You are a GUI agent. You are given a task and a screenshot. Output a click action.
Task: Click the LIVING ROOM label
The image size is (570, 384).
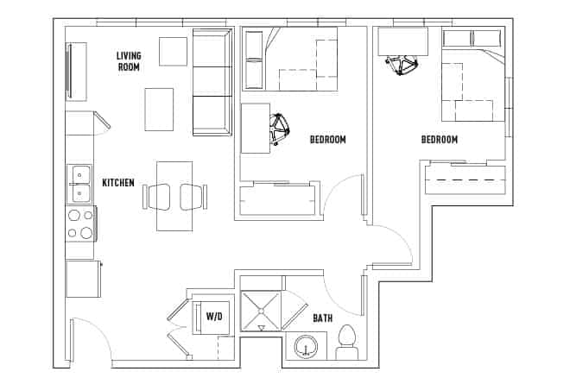[x=129, y=62]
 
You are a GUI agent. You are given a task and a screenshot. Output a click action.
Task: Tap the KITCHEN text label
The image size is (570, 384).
[x=117, y=182]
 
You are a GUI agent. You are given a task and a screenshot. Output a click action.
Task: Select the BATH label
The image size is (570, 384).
[x=322, y=318]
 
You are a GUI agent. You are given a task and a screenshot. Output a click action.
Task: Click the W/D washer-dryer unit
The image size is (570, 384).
[x=213, y=317]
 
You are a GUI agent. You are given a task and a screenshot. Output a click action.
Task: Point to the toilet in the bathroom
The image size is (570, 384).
[x=348, y=341]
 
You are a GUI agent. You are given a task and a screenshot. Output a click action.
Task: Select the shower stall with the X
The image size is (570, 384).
[x=262, y=311]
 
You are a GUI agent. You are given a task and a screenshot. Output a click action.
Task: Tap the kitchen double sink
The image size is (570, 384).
[x=80, y=183]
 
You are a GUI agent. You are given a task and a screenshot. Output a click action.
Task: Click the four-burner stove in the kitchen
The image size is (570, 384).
[x=80, y=223]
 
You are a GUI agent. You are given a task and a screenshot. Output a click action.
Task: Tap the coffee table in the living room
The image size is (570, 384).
[x=159, y=109]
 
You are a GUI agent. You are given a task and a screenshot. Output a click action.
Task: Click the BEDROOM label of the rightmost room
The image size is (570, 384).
[x=439, y=139]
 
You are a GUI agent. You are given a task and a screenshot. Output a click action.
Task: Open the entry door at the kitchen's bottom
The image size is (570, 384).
[x=90, y=341]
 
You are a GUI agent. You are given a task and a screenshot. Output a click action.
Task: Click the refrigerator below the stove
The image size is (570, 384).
[x=83, y=278]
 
